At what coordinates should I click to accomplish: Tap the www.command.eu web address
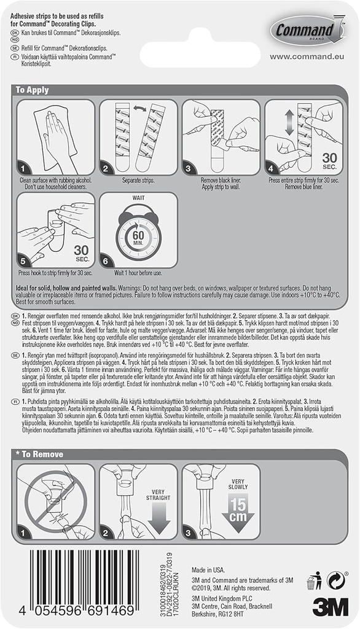305,57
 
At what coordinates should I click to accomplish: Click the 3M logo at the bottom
330,606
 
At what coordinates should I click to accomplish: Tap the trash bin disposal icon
315,579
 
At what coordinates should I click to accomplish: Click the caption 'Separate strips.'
138,182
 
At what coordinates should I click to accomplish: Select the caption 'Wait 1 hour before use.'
138,273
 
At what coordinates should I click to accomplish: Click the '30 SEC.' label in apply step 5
81,253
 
